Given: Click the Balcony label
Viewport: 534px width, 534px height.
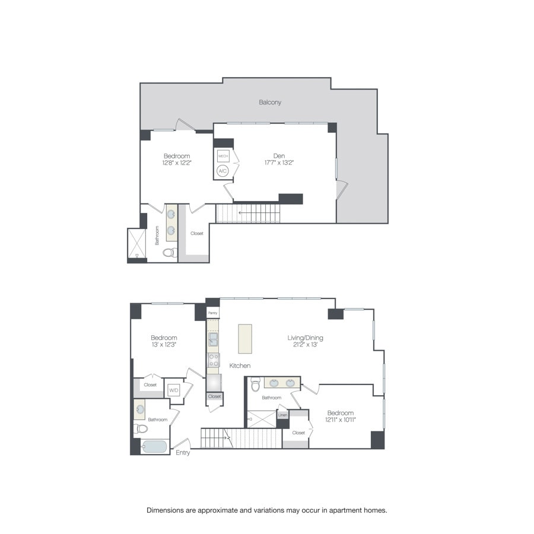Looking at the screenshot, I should tap(270, 102).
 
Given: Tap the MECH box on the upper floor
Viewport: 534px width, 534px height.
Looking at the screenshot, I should tap(223, 156).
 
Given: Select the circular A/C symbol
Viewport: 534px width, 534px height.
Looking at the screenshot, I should tap(223, 171).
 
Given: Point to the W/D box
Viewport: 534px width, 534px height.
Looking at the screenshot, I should tap(174, 390).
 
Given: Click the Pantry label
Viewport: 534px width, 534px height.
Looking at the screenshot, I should tap(212, 312).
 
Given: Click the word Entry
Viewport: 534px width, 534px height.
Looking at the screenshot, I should tap(183, 453).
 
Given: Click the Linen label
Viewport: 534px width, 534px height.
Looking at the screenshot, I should tap(283, 415).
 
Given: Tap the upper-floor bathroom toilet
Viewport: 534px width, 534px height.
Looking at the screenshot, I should tap(169, 253).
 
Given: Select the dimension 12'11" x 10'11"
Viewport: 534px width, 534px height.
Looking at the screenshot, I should tap(340, 420).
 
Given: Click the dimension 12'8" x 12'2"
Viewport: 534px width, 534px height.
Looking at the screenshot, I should tap(177, 163).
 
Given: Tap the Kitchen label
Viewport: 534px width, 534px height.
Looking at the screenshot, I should tap(240, 366).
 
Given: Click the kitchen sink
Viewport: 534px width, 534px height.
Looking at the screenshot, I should tap(213, 339).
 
